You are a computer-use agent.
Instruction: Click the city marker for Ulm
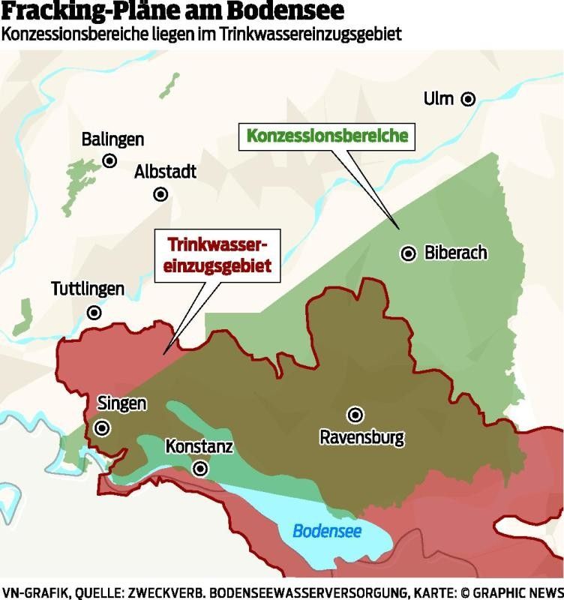[x=468, y=98]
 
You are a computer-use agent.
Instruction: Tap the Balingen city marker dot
[x=109, y=160]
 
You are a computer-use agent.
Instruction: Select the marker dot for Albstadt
[x=160, y=194]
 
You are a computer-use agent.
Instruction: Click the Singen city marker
[x=102, y=427]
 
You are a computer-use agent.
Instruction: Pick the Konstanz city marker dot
[x=200, y=469]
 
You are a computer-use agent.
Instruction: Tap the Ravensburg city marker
[x=355, y=414]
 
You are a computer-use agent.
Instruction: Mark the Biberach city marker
[x=408, y=253]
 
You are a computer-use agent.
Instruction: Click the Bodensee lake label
[x=327, y=532]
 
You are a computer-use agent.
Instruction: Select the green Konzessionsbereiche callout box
[x=327, y=136]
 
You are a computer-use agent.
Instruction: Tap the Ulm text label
[x=439, y=98]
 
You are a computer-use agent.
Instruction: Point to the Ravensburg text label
[x=361, y=436]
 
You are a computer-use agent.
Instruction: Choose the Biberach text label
[x=455, y=253]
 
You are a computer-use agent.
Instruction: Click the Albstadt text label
[x=165, y=172]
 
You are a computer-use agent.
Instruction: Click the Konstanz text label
[x=199, y=448]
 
